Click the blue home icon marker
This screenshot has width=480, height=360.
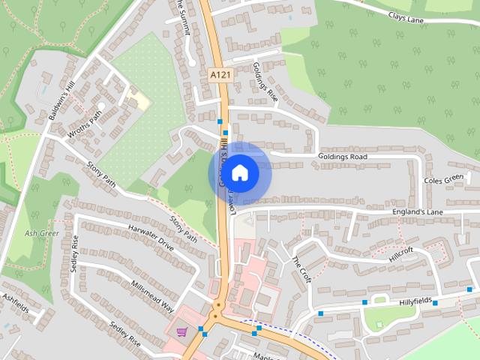[239, 173]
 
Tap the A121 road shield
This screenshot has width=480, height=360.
[219, 75]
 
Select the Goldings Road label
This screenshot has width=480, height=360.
[343, 157]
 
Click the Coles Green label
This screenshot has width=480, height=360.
[444, 180]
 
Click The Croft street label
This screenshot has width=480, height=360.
[301, 268]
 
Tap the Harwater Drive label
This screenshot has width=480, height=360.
[150, 236]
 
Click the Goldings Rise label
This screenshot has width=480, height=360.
[265, 82]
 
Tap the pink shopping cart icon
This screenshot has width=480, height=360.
[181, 332]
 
